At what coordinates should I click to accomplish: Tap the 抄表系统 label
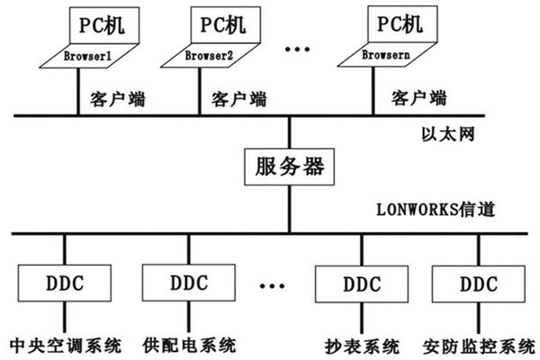pyautogui.click(x=357, y=345)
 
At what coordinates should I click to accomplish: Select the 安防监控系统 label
pyautogui.click(x=478, y=345)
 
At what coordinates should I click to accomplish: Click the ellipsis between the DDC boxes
pyautogui.click(x=266, y=287)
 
